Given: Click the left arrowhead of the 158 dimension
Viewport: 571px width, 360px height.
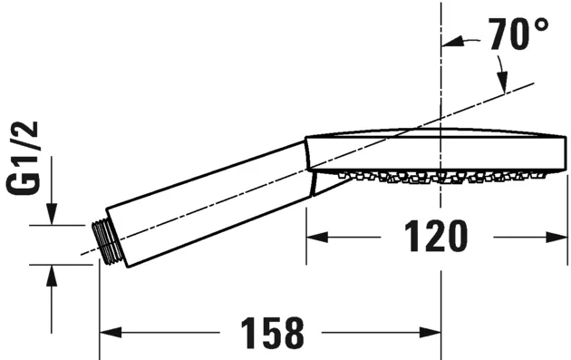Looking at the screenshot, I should (x=107, y=333).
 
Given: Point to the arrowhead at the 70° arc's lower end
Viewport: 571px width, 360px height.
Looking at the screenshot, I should (x=501, y=81).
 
